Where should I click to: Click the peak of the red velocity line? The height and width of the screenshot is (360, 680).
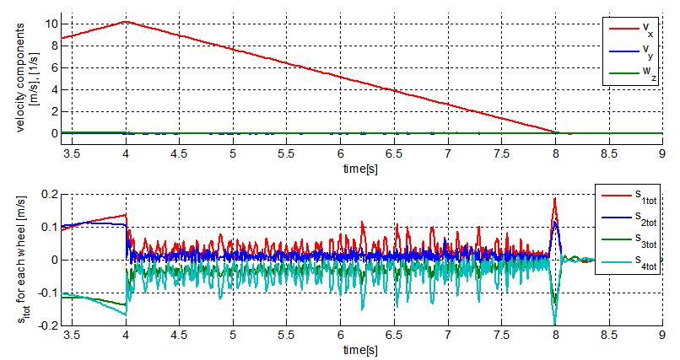(126, 21)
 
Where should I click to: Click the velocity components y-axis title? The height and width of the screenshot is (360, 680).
(26, 80)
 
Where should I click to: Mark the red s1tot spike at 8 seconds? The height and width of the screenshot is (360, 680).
(554, 199)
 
